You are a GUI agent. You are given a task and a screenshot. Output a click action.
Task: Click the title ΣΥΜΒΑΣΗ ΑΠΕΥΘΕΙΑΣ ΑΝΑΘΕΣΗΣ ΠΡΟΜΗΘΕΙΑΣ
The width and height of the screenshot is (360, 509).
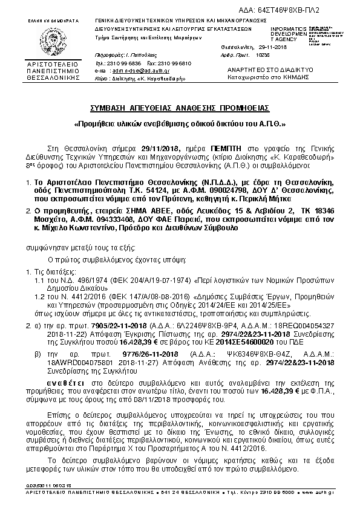[x=179, y=108]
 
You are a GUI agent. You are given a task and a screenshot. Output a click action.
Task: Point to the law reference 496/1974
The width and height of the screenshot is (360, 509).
[x=88, y=281]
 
